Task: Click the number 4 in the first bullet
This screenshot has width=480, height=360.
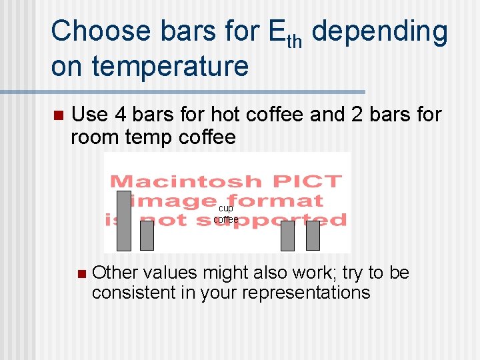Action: tap(121, 115)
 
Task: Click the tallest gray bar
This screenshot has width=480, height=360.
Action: tap(124, 221)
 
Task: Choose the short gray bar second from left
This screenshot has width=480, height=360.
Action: tap(147, 235)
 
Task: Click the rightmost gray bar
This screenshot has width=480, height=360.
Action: tap(313, 235)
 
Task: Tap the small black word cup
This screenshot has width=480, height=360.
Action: tap(226, 209)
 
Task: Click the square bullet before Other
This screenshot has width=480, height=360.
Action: tap(81, 273)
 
